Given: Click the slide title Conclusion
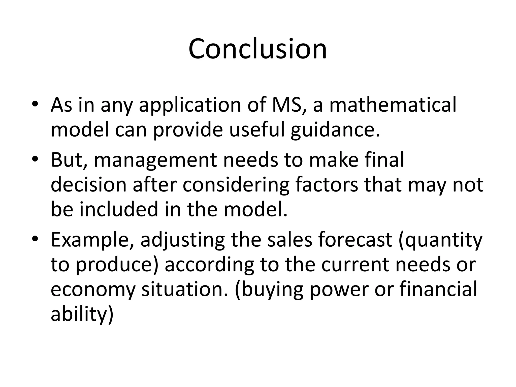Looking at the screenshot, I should (x=257, y=49).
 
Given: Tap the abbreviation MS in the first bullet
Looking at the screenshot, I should (x=286, y=105).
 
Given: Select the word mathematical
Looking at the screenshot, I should (x=393, y=105).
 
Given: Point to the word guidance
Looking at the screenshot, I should (x=335, y=131).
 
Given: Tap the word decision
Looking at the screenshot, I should (x=88, y=185).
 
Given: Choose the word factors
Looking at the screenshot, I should (x=326, y=185).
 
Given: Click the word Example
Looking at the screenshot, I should (x=92, y=240).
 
